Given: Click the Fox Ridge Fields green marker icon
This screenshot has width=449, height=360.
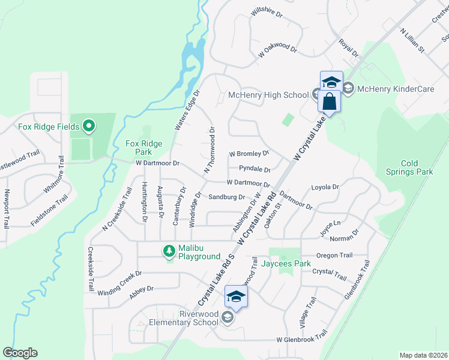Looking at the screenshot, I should point(89,126).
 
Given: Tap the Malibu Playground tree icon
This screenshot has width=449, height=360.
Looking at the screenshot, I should point(170,250).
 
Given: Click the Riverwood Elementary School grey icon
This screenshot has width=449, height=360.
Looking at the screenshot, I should point(227,317).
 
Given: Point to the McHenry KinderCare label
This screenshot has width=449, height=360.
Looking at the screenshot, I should point(395,89).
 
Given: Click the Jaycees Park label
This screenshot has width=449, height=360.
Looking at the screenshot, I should point(289,263).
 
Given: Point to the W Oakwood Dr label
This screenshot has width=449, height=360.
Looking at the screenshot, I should point(277,50).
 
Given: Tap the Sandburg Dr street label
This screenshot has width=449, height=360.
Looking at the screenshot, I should point(226,197).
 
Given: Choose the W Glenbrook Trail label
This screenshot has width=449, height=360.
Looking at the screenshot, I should point(301,340).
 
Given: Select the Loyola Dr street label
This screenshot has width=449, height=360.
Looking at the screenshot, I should point(325,187).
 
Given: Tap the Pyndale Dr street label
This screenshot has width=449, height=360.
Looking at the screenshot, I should point(254,169).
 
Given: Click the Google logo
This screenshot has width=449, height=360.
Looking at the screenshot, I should point(20,353).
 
